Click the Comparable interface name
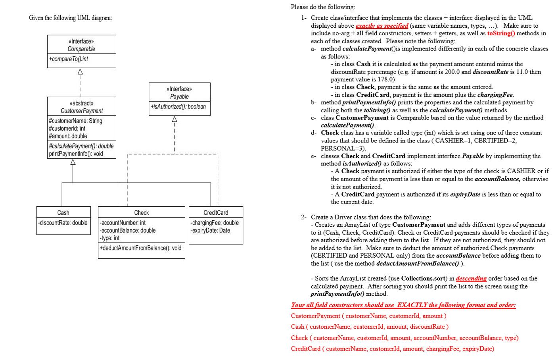click(81, 49)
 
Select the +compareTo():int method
click(69, 59)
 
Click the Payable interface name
click(179, 96)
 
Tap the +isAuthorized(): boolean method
click(178, 106)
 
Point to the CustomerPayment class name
click(82, 111)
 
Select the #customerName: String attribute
click(75, 121)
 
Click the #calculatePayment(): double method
click(81, 146)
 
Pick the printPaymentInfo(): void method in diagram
click(76, 154)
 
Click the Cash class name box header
click(63, 213)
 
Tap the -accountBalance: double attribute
click(127, 230)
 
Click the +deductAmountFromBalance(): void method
click(140, 248)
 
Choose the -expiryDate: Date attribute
click(210, 230)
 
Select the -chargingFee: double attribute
click(215, 223)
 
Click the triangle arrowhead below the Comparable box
click(80, 72)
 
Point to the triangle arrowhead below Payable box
click(174, 119)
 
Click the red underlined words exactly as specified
click(382, 26)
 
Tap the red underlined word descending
click(471, 279)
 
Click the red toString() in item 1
click(501, 33)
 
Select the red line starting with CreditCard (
click(392, 349)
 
